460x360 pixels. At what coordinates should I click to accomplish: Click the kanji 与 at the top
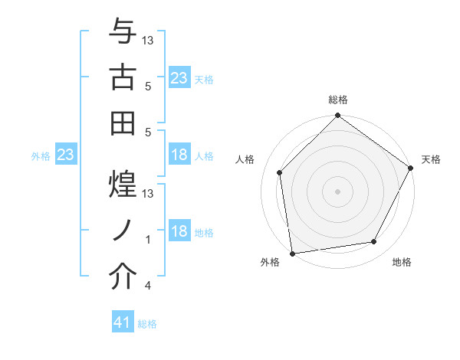pos(123,34)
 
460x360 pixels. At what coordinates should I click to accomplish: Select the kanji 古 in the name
pos(123,77)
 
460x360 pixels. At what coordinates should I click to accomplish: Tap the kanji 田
pos(123,120)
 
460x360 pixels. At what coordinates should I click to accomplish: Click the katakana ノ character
pos(123,227)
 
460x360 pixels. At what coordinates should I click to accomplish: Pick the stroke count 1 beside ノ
pos(148,240)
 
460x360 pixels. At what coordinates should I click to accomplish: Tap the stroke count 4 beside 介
pos(148,286)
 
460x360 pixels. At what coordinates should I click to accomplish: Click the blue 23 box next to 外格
pos(65,155)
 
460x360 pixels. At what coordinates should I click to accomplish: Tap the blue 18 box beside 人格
pos(179,155)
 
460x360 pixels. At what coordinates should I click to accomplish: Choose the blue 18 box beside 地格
pos(179,231)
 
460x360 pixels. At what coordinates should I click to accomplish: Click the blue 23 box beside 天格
pos(179,78)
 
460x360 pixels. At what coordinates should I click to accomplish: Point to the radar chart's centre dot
pos(337,191)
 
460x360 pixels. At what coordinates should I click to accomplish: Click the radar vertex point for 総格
pos(337,116)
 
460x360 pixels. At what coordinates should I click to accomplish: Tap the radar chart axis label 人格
pos(246,159)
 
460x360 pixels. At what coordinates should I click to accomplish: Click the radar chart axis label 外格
pos(270,263)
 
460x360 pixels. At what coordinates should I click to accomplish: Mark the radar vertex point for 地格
pos(374,241)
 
